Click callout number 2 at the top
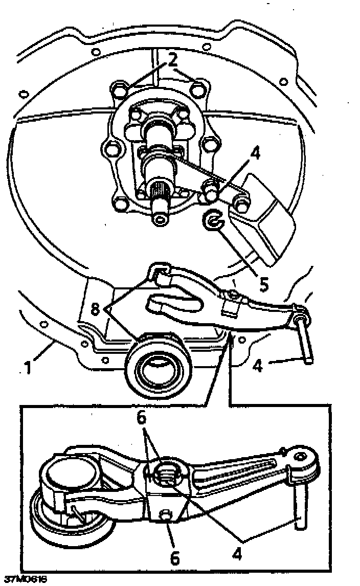click(x=173, y=60)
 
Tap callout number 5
click(x=263, y=284)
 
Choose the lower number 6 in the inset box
click(x=175, y=557)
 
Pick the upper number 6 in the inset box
click(x=142, y=418)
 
